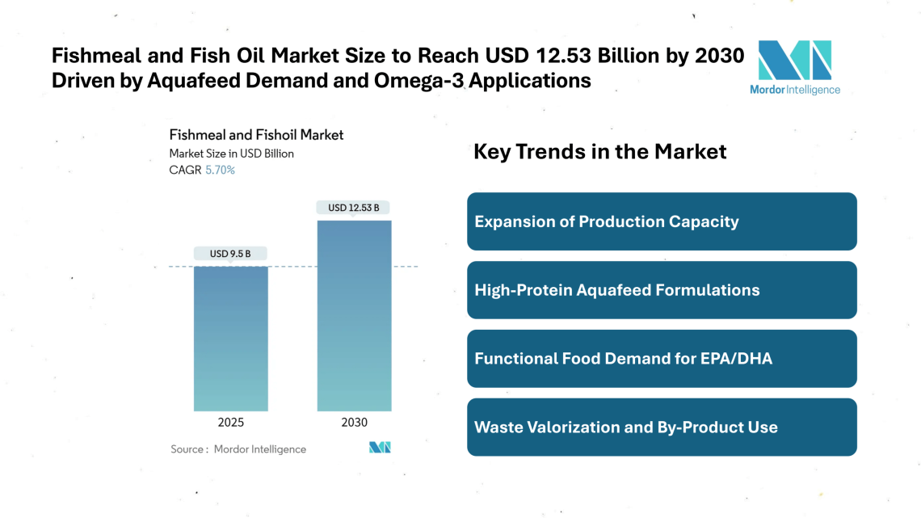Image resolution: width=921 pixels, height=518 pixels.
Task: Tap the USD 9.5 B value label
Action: click(x=230, y=254)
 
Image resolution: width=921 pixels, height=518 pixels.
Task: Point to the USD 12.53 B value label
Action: click(x=354, y=208)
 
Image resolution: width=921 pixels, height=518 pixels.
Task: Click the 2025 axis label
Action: click(x=230, y=423)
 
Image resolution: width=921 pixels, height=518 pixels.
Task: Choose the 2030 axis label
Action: click(x=354, y=423)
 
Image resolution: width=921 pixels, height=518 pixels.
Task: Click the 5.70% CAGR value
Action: click(x=220, y=171)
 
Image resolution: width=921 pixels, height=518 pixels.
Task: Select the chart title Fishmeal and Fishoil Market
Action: click(x=256, y=135)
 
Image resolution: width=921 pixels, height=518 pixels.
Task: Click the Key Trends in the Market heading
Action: click(x=599, y=151)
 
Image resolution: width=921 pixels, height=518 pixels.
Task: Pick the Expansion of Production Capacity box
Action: click(x=661, y=221)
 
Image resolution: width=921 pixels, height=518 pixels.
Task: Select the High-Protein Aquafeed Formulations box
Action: click(x=661, y=290)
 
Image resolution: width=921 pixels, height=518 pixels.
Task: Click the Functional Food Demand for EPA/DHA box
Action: click(x=661, y=358)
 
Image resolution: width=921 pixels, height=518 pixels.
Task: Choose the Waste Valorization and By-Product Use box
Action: click(x=661, y=427)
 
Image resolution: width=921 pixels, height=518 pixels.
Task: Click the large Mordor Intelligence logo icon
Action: click(x=794, y=60)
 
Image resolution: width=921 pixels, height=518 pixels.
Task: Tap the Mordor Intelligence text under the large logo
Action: click(x=794, y=90)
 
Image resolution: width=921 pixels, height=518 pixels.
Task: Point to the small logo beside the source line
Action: click(x=380, y=448)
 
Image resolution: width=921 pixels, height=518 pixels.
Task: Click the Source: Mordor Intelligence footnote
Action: click(x=238, y=449)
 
